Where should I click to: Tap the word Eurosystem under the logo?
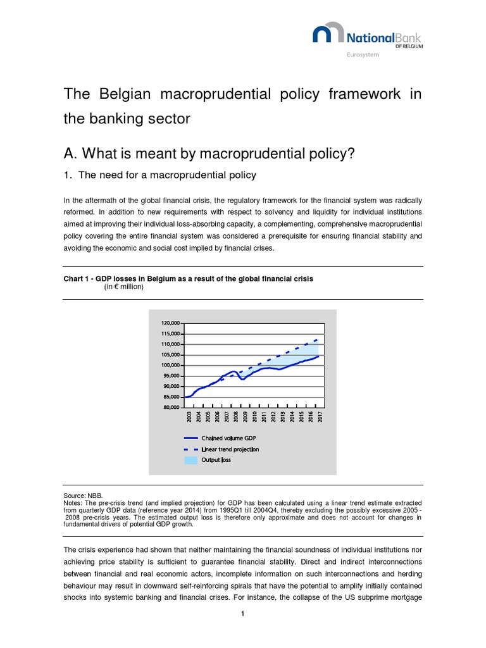click(363, 55)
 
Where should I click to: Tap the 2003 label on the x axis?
click(189, 416)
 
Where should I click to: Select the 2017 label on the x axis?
click(321, 416)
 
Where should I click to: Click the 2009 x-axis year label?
click(246, 416)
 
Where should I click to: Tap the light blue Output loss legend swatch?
click(190, 460)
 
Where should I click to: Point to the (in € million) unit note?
click(124, 287)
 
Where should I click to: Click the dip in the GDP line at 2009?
click(243, 378)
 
